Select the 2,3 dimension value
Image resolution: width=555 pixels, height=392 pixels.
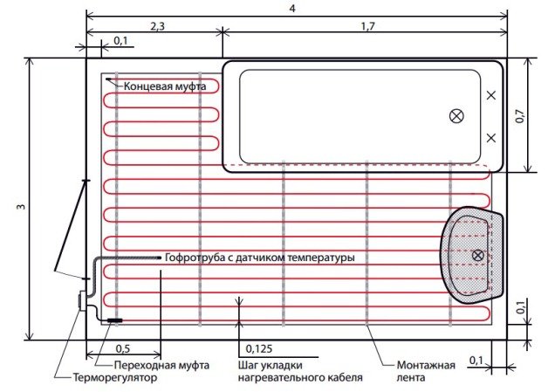pyautogui.click(x=158, y=27)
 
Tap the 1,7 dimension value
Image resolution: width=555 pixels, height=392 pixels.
pyautogui.click(x=366, y=27)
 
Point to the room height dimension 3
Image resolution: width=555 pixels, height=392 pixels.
pyautogui.click(x=19, y=207)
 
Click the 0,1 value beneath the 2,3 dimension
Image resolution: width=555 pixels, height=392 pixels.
pyautogui.click(x=120, y=41)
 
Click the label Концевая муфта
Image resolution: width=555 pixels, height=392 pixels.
pyautogui.click(x=165, y=86)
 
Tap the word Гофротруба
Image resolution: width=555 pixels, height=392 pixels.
pyautogui.click(x=195, y=258)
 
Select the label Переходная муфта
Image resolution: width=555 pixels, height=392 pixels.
pyautogui.click(x=150, y=365)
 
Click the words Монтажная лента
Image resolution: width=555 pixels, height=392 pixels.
pyautogui.click(x=424, y=371)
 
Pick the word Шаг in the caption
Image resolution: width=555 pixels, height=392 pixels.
pyautogui.click(x=248, y=365)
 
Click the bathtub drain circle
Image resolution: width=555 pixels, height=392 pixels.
pyautogui.click(x=456, y=116)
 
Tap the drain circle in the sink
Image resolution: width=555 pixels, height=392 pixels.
pyautogui.click(x=477, y=255)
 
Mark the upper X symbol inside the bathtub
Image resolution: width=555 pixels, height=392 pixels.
pyautogui.click(x=491, y=95)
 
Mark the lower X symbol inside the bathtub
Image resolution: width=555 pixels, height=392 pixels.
pyautogui.click(x=491, y=137)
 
